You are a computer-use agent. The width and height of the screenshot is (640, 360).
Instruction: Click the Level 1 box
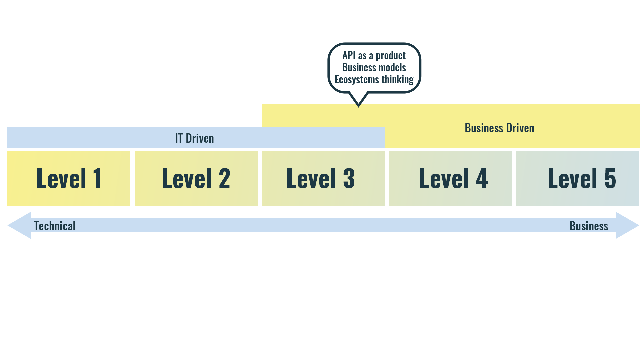click(69, 178)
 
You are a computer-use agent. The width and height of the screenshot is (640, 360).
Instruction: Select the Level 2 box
click(196, 178)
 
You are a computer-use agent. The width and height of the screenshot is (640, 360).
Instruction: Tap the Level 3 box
click(323, 178)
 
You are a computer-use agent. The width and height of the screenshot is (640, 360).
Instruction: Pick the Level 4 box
click(450, 178)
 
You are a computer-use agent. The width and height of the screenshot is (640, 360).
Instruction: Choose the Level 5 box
click(578, 178)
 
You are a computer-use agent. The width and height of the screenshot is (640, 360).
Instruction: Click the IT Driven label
click(194, 138)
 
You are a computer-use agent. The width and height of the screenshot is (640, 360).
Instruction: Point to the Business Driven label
click(499, 128)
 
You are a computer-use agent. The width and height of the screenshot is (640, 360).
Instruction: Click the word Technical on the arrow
click(55, 226)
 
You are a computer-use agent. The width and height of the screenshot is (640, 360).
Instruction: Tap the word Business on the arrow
click(589, 226)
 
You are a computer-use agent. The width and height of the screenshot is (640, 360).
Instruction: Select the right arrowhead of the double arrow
click(627, 225)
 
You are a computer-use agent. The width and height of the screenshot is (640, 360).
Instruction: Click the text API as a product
click(374, 56)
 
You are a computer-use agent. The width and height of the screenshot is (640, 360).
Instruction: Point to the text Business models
click(374, 68)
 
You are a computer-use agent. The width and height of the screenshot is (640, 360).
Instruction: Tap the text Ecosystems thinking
click(374, 80)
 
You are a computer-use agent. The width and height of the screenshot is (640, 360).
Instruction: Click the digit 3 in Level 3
click(349, 178)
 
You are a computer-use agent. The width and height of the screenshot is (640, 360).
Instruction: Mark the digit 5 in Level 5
click(610, 178)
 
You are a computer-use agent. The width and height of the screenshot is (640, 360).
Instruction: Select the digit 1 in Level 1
click(97, 178)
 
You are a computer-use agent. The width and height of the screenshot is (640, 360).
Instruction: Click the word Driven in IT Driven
click(200, 138)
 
